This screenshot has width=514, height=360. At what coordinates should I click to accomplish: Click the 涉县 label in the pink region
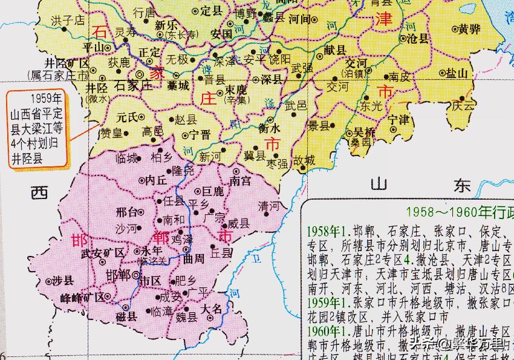click(x=62, y=280)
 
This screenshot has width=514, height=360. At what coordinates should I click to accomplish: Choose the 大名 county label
click(x=212, y=309)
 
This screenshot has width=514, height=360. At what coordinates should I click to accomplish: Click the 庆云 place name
click(x=463, y=105)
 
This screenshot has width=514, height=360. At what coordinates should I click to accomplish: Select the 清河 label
click(x=269, y=206)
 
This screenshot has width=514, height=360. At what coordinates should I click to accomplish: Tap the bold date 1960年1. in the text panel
click(x=330, y=332)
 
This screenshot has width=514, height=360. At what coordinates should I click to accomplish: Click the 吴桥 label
click(x=365, y=132)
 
